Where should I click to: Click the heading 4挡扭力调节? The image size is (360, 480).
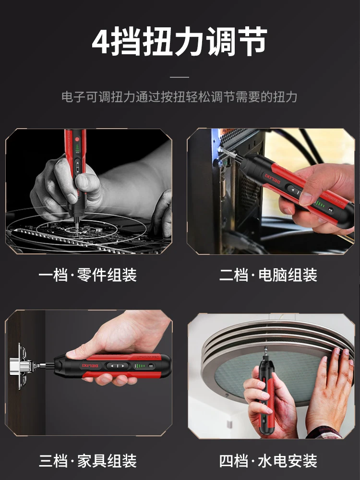(180, 41)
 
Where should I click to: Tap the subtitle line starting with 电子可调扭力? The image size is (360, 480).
(180, 97)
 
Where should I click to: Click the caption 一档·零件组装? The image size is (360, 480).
(87, 275)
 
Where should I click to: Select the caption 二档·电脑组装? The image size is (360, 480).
(268, 275)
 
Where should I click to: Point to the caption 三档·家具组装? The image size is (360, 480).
(87, 461)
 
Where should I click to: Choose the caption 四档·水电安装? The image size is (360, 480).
(268, 461)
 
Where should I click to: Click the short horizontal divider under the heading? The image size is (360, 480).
(180, 77)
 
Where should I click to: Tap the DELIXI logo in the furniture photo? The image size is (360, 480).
(91, 366)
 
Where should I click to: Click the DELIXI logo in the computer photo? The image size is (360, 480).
(273, 179)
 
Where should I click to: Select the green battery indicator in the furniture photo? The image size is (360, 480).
(141, 366)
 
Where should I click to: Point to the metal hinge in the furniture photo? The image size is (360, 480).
(21, 366)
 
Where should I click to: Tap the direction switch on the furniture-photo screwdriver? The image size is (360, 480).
(118, 366)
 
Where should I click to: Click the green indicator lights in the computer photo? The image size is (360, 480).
(320, 203)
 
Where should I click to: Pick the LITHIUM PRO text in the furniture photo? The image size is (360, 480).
(148, 357)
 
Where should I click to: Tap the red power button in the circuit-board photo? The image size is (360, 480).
(76, 140)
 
